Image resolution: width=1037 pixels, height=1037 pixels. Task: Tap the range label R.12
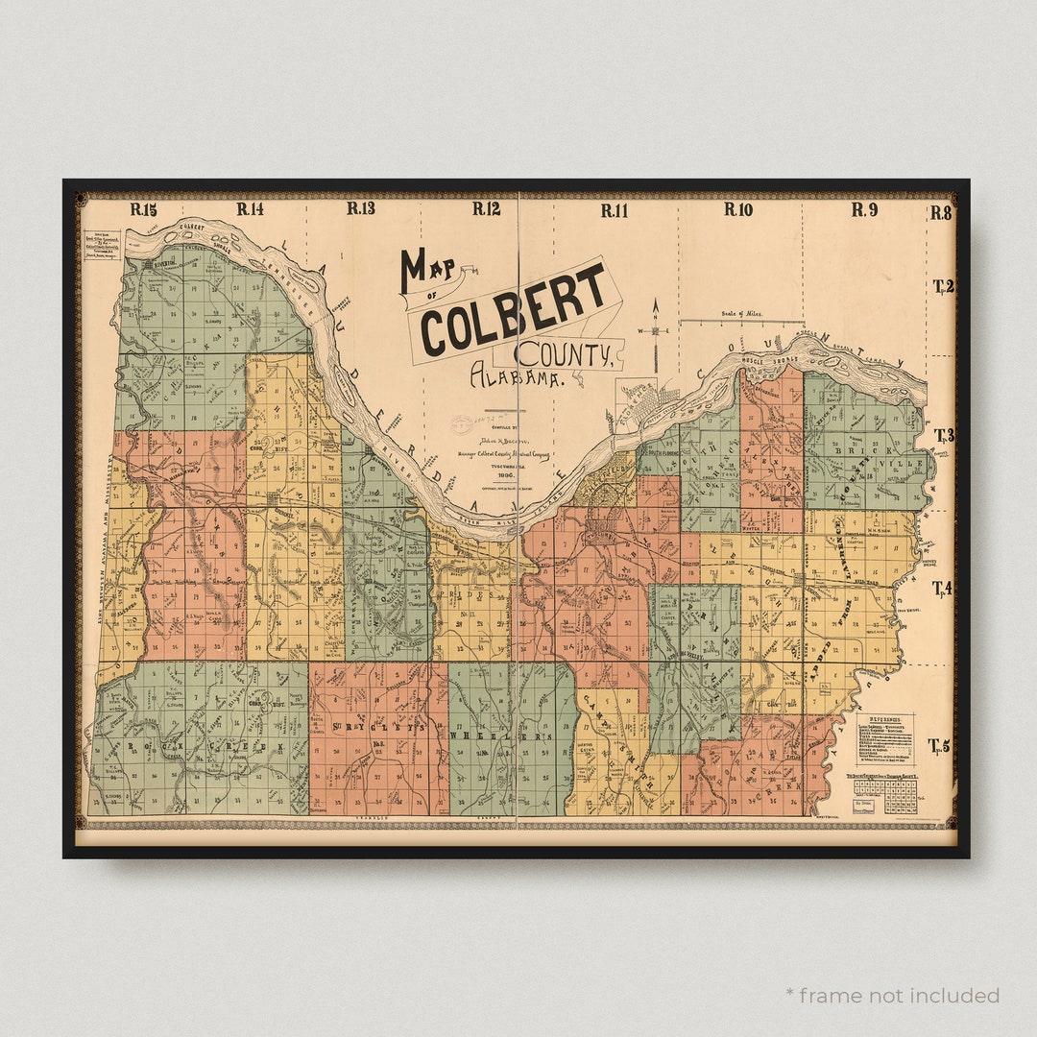point(487,208)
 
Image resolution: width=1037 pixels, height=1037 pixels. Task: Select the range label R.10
point(738,209)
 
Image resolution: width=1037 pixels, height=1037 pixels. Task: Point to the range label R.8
point(940,213)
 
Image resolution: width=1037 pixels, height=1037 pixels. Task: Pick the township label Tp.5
point(939,745)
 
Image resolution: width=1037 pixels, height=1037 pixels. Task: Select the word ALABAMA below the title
point(516,376)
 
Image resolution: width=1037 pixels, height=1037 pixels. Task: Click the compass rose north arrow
point(656,331)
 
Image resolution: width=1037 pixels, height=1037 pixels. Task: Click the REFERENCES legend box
point(884,738)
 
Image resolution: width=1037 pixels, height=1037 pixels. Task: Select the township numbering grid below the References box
point(885,796)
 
